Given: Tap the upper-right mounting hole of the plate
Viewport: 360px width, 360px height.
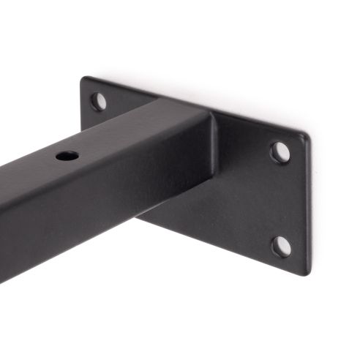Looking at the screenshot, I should [x=280, y=151].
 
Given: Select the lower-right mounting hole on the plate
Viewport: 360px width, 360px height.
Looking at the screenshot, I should [x=281, y=246].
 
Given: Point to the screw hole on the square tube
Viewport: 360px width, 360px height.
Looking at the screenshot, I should [x=67, y=156].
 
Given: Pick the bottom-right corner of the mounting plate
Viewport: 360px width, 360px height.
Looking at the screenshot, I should [x=303, y=271].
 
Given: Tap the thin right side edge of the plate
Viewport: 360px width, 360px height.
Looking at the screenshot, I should [x=309, y=205].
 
